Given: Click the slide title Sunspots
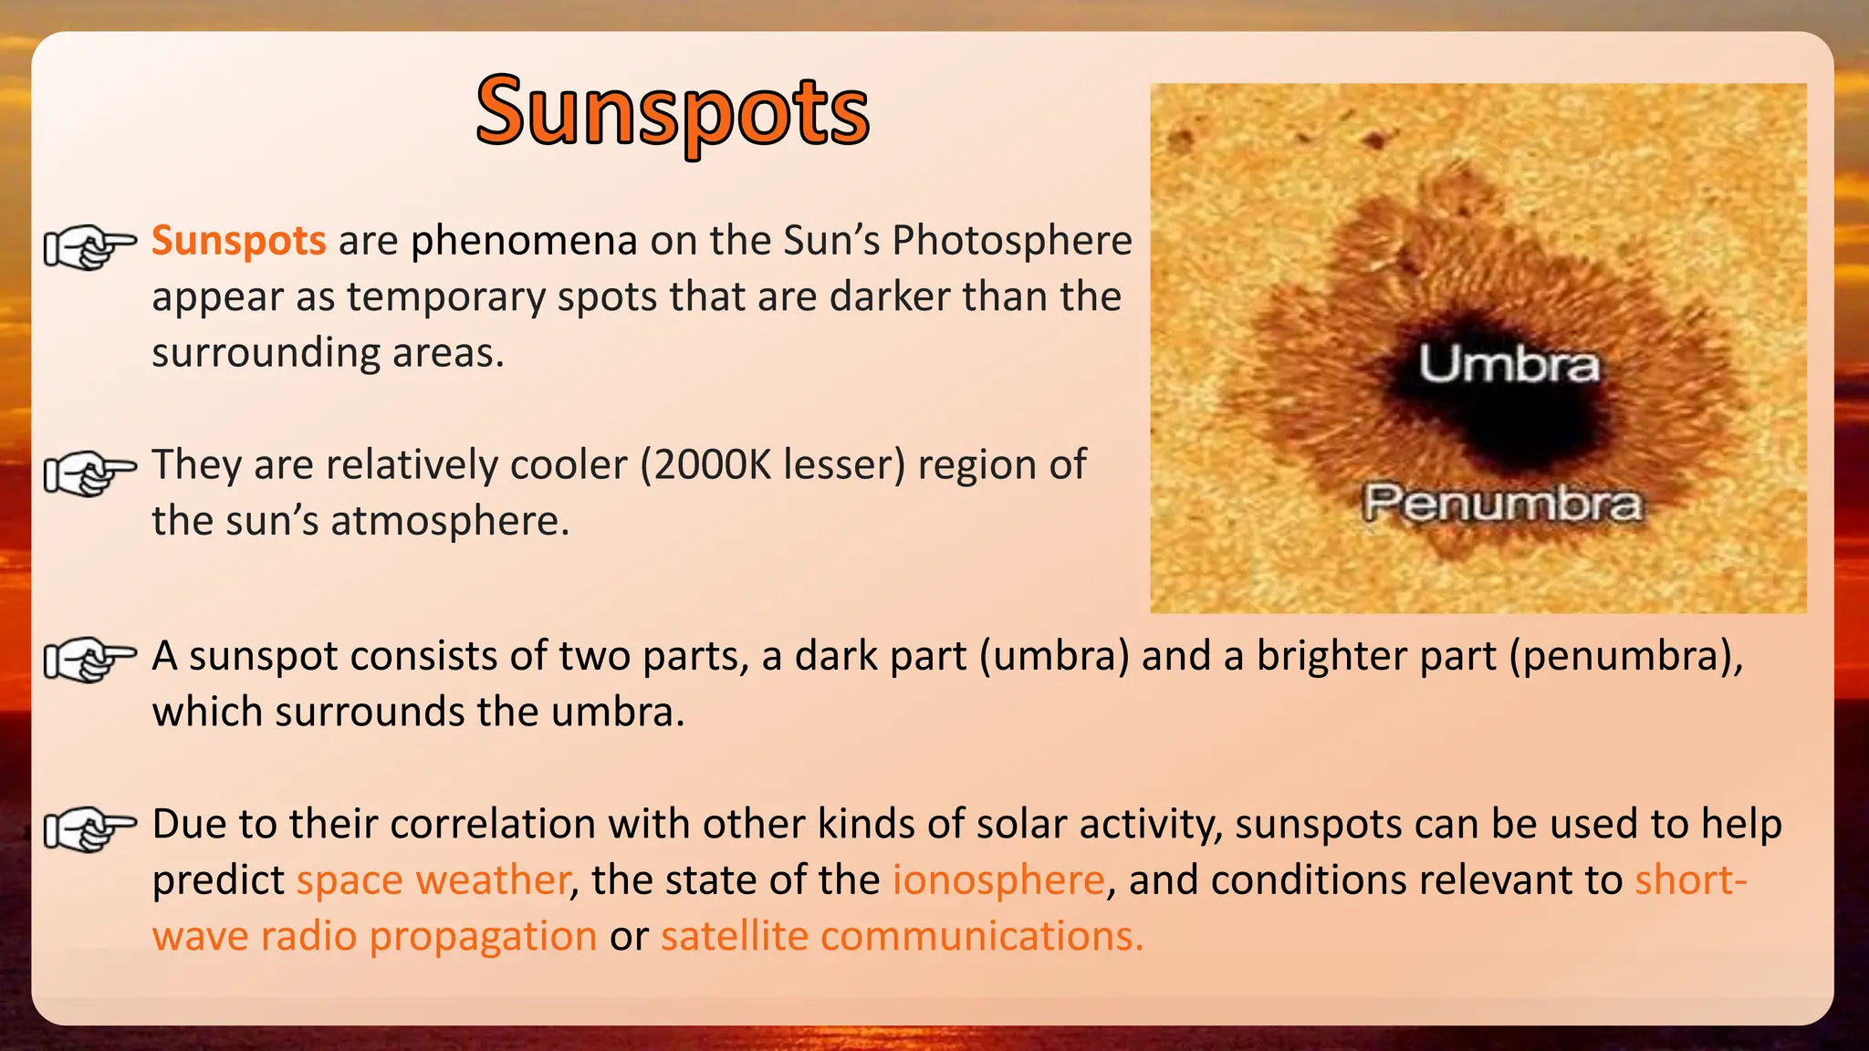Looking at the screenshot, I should point(673,113).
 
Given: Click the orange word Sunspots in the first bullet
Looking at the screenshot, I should point(238,241).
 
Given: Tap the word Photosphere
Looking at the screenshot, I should point(1011,241).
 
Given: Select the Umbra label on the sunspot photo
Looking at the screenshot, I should point(1508,365).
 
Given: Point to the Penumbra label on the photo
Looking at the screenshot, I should point(1502,504).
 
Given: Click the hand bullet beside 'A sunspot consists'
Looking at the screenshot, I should point(89,660).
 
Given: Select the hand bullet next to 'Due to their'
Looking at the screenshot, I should point(89,828).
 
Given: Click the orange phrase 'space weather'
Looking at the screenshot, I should point(433,880).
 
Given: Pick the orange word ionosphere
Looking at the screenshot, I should point(998,880).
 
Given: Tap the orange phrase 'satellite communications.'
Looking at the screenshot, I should point(902,937).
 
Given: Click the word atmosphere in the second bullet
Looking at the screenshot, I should point(449,522).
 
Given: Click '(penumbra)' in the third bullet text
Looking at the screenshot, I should point(1624,657).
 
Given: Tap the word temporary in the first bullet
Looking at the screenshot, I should point(446,297).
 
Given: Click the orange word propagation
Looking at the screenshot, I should point(483,937).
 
